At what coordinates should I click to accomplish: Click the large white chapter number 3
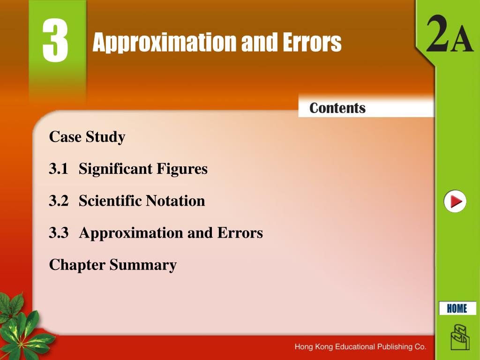(55, 41)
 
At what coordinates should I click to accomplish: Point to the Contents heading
(337, 108)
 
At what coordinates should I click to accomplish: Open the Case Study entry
(87, 137)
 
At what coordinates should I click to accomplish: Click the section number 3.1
(59, 169)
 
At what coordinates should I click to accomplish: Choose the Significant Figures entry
(143, 169)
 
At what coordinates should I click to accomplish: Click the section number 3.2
(59, 201)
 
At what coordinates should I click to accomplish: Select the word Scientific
(110, 201)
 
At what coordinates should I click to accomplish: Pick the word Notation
(175, 201)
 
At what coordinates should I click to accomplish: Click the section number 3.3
(59, 233)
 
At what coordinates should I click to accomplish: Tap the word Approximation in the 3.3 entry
(131, 233)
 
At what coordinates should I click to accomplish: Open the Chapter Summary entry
(112, 265)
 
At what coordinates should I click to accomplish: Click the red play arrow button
(455, 202)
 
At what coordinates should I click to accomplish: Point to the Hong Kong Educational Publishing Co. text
(360, 347)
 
